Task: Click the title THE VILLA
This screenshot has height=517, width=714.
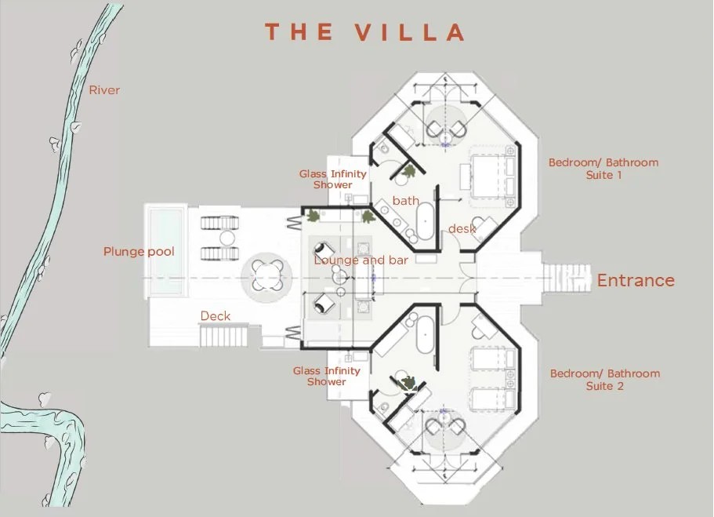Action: pos(365,32)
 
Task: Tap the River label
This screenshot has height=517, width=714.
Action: pos(104,90)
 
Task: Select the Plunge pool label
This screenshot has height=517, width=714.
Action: pos(139,252)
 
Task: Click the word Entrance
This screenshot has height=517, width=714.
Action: pos(636,280)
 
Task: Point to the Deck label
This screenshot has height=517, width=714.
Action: pos(216,316)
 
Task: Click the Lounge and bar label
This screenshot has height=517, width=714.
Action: pos(361,260)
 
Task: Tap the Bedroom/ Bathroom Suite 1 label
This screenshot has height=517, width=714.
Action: pos(603,169)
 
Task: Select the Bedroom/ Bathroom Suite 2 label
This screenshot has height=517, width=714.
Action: pos(605,380)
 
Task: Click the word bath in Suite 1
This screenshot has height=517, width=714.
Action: pos(406,201)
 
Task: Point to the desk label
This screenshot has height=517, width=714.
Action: pos(462,229)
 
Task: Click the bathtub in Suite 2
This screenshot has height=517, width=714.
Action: pos(425,335)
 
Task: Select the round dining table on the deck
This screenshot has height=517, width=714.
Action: pos(266,275)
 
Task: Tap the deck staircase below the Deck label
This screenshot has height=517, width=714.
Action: pos(223,336)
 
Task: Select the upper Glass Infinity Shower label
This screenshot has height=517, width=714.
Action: pos(333,179)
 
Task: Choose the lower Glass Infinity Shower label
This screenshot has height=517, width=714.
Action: pos(327,376)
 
